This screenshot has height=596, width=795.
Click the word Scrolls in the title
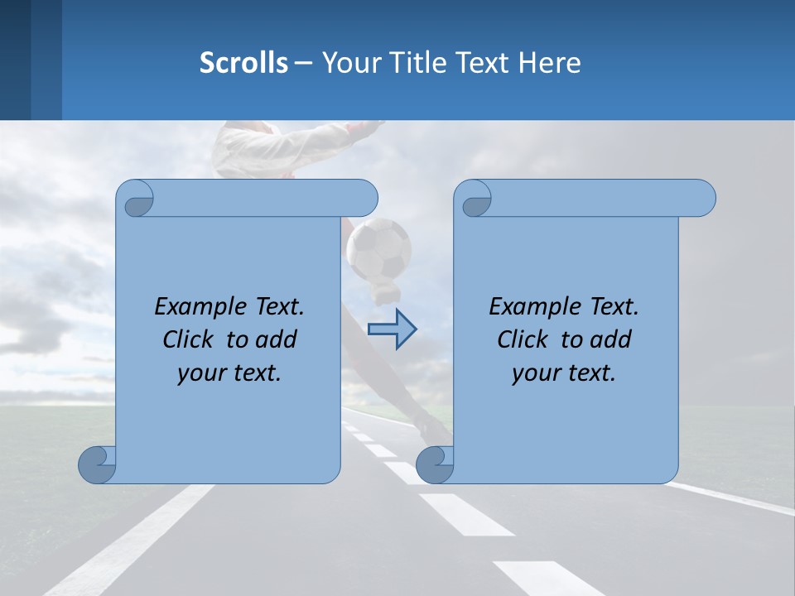coord(244,63)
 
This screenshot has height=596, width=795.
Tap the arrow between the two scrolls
coord(392,329)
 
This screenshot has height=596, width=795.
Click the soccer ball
coord(378,248)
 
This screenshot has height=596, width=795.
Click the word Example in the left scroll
coord(197,307)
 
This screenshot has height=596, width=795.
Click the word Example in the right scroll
coord(532,307)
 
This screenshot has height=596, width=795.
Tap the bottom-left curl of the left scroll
coord(96,464)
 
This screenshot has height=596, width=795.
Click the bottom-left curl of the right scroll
coord(434,464)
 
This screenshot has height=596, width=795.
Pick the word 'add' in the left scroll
coord(277,339)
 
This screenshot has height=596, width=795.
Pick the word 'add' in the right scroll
coord(612,339)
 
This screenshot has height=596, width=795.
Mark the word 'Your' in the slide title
coord(346,63)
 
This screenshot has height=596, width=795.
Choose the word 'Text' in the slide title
coord(483,63)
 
